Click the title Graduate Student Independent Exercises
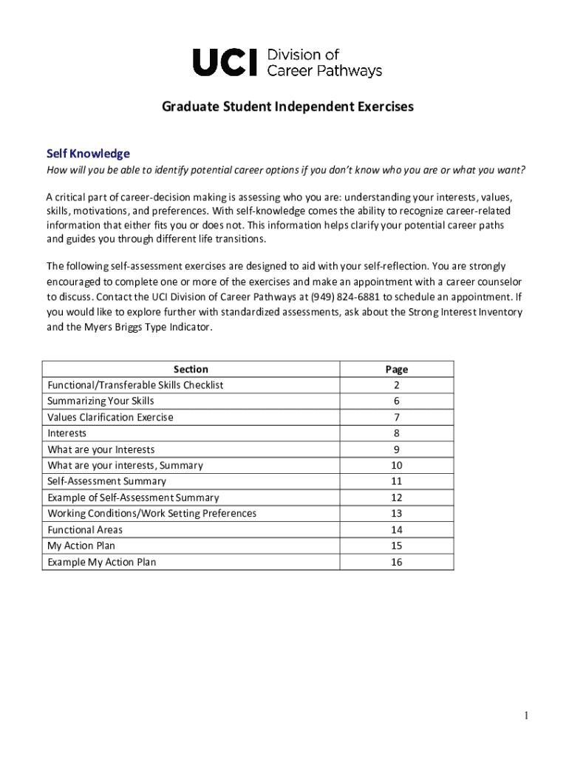tap(287, 107)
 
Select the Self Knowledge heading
tap(88, 154)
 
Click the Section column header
tap(191, 369)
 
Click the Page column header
tap(396, 369)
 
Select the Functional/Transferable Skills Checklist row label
tap(135, 385)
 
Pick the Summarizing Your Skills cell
tap(100, 401)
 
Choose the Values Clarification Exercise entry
tap(110, 417)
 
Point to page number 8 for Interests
tap(396, 433)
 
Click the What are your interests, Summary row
tap(125, 466)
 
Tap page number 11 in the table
tap(396, 481)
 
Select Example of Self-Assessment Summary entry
tap(133, 498)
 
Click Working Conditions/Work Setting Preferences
tap(151, 514)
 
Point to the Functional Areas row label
tap(85, 530)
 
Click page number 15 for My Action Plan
tap(396, 546)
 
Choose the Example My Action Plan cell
tap(102, 562)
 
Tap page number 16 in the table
tap(396, 562)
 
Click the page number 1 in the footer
tap(526, 716)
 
